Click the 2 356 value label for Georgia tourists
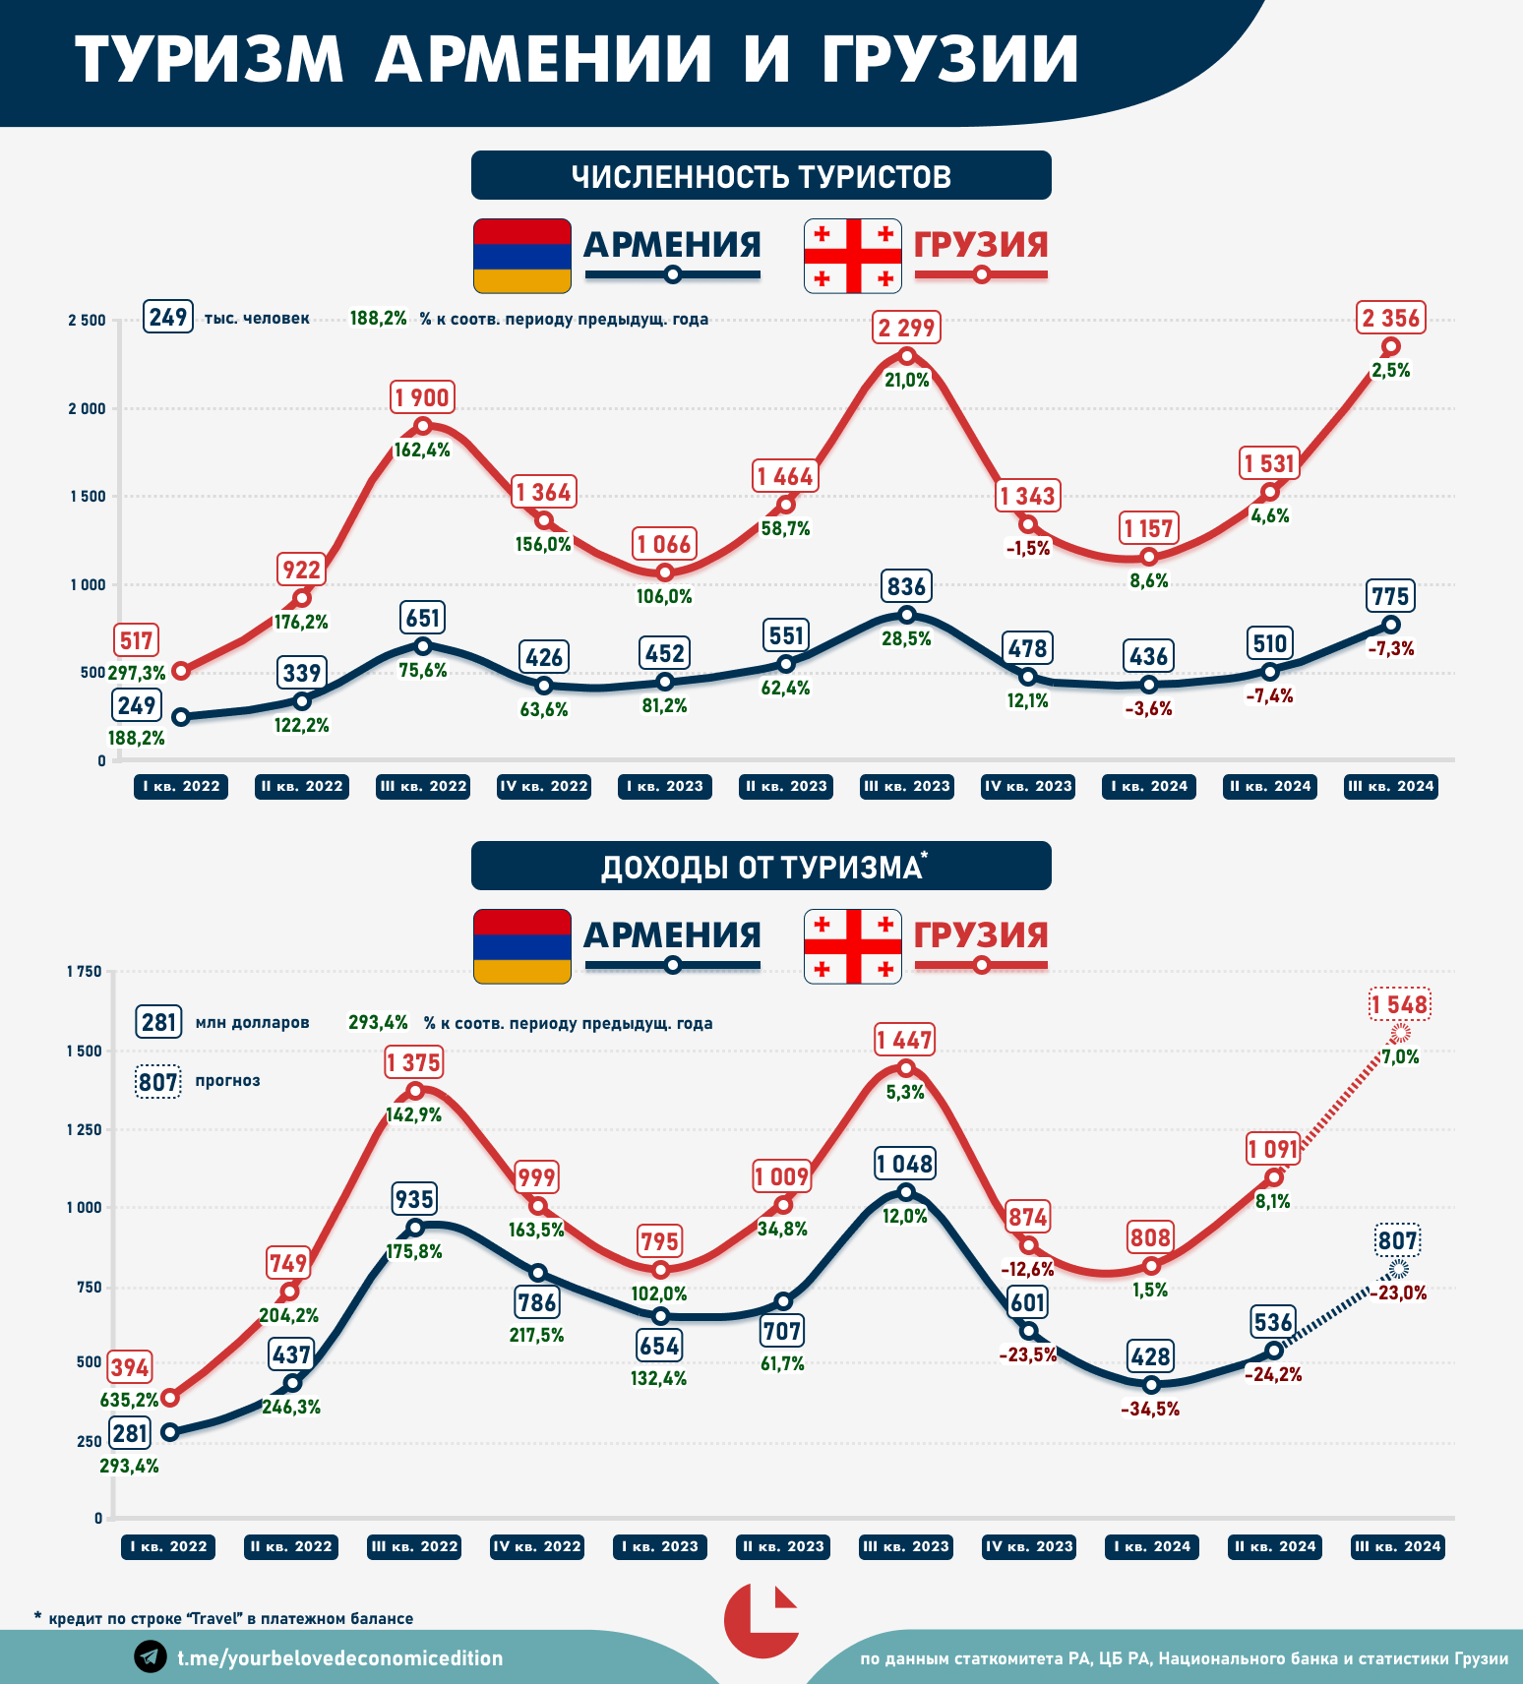click(x=1390, y=318)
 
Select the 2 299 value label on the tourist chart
click(x=906, y=328)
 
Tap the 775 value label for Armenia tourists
click(x=1390, y=596)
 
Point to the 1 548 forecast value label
click(x=1399, y=1004)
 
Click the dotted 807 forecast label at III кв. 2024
click(x=1397, y=1240)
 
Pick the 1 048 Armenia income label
click(x=905, y=1164)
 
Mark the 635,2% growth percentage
click(x=129, y=1400)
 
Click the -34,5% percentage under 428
click(x=1150, y=1409)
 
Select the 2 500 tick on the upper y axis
click(x=87, y=321)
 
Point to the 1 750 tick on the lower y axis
click(x=84, y=972)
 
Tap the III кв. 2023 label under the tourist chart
click(x=906, y=786)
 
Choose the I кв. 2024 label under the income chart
click(x=1152, y=1546)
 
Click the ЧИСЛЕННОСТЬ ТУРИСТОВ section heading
click(x=761, y=176)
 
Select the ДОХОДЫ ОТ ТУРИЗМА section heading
click(x=761, y=867)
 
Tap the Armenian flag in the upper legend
click(x=521, y=256)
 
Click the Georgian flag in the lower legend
click(x=852, y=946)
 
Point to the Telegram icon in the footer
click(x=151, y=1656)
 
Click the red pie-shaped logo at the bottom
click(x=761, y=1620)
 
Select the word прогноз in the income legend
click(x=227, y=1080)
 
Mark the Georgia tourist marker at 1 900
click(x=422, y=426)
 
